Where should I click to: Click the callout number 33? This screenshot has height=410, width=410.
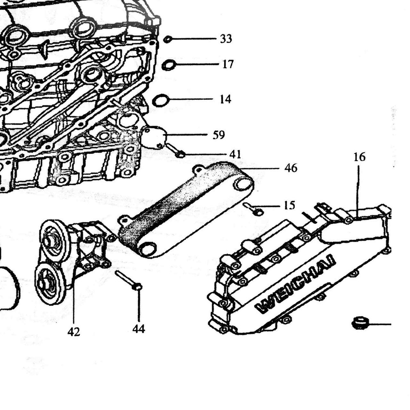pyautogui.click(x=226, y=39)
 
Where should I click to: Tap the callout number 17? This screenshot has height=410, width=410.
pyautogui.click(x=228, y=64)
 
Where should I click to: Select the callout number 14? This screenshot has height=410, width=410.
pyautogui.click(x=225, y=99)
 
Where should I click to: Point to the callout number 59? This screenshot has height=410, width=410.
pyautogui.click(x=219, y=135)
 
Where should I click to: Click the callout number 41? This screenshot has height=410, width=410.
pyautogui.click(x=235, y=154)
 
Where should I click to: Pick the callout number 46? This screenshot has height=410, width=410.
pyautogui.click(x=291, y=168)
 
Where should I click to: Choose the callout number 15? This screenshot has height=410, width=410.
pyautogui.click(x=290, y=205)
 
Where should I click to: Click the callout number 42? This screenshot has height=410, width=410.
pyautogui.click(x=74, y=332)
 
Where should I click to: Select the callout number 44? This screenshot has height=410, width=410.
pyautogui.click(x=139, y=329)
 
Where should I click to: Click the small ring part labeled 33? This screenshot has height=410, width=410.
pyautogui.click(x=168, y=39)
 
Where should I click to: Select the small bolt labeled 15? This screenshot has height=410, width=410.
pyautogui.click(x=254, y=209)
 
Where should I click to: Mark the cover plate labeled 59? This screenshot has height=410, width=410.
pyautogui.click(x=154, y=138)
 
